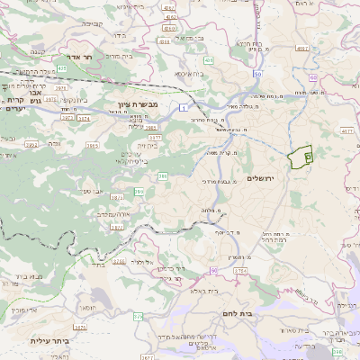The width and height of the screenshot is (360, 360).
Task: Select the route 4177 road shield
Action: (x=348, y=130)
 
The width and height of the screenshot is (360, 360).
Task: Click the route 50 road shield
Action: (x=257, y=75)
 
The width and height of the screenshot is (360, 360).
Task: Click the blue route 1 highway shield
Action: (x=183, y=108)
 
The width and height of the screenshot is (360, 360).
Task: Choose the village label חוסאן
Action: (x=85, y=307)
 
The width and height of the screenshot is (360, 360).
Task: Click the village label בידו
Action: (x=119, y=36)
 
